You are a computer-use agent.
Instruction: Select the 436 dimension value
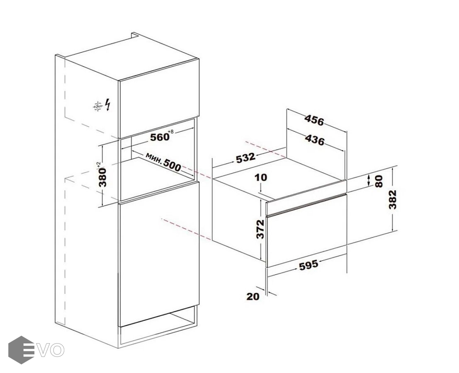click(x=315, y=140)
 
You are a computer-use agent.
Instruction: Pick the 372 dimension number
click(x=260, y=229)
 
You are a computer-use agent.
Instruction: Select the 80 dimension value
click(x=379, y=182)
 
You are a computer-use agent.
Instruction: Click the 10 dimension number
click(x=261, y=177)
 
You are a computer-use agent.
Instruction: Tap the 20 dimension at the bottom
click(x=253, y=297)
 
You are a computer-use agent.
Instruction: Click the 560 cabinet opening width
click(x=160, y=137)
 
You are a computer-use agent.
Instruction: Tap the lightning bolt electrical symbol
click(x=108, y=104)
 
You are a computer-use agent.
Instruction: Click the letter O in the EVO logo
click(x=57, y=351)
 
